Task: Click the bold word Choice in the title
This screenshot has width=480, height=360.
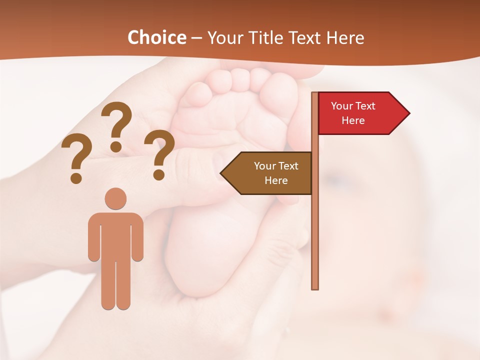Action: coord(156,38)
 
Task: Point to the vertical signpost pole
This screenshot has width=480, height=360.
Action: coord(315,225)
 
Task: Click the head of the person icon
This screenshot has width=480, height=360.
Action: coord(115,198)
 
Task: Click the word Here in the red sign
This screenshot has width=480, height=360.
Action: coord(353,120)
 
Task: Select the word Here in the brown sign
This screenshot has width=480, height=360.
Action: coord(276,180)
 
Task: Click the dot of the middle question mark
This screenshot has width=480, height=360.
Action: coord(116,146)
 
